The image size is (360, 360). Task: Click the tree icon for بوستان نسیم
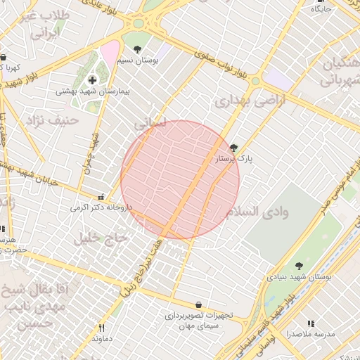136,49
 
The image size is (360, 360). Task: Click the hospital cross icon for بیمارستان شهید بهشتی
92,79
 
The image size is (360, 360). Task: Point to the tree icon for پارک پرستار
233,148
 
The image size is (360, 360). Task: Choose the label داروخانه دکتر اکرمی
101,209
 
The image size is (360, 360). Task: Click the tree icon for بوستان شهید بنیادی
299,266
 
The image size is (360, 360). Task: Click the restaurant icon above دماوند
101,328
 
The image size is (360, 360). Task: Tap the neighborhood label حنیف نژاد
50,122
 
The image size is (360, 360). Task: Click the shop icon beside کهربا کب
4,58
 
